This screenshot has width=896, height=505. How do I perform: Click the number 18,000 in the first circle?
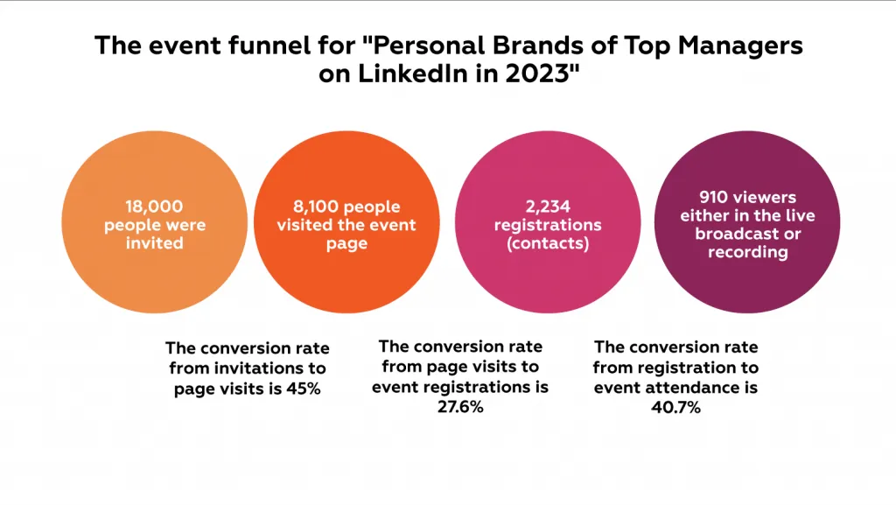[154, 207]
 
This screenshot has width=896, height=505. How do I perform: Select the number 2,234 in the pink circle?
[548, 207]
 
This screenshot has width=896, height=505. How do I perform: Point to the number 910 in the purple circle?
[714, 197]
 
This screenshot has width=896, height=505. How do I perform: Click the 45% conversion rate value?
[304, 389]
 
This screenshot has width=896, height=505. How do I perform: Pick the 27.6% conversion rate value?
[460, 407]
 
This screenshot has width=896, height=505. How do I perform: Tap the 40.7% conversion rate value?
[676, 407]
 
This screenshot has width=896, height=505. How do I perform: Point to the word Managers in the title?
[740, 46]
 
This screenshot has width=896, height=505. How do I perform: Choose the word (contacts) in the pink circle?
[548, 243]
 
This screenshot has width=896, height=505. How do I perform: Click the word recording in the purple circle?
[748, 252]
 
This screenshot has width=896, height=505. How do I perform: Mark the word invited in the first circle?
[154, 242]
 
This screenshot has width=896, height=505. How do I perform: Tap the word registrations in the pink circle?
[548, 225]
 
